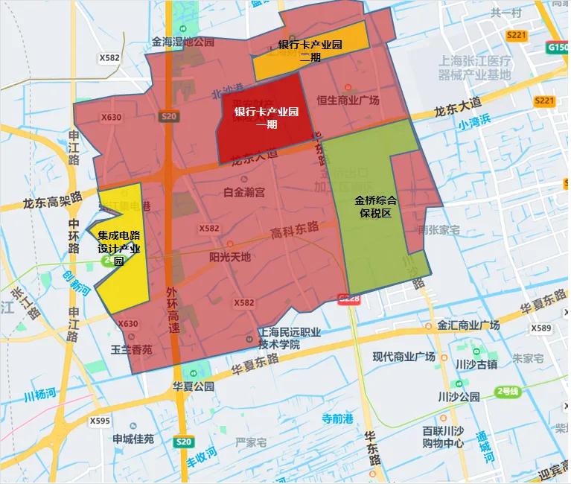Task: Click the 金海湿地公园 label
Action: pyautogui.click(x=183, y=42)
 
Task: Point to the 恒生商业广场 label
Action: pyautogui.click(x=348, y=101)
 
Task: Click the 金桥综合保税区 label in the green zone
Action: pyautogui.click(x=375, y=207)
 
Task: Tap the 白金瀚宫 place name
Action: pyautogui.click(x=244, y=192)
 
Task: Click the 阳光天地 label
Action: pyautogui.click(x=230, y=258)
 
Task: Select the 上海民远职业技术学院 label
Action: pyautogui.click(x=289, y=339)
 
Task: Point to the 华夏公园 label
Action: pyautogui.click(x=194, y=386)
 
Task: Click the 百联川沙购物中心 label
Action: pyautogui.click(x=443, y=437)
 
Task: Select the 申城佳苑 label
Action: pyautogui.click(x=133, y=439)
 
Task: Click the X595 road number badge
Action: pyautogui.click(x=100, y=421)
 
